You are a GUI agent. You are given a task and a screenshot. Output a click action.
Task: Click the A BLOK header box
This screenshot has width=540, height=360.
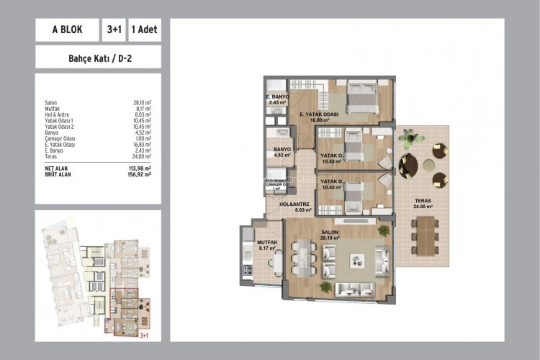point(67,30)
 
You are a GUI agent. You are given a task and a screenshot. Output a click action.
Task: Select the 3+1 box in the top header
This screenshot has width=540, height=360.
point(113,30)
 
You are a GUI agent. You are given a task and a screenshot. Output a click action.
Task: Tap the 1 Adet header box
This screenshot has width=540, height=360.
point(144,30)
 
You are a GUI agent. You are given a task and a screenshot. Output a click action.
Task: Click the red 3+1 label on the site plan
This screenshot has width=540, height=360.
point(143,333)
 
